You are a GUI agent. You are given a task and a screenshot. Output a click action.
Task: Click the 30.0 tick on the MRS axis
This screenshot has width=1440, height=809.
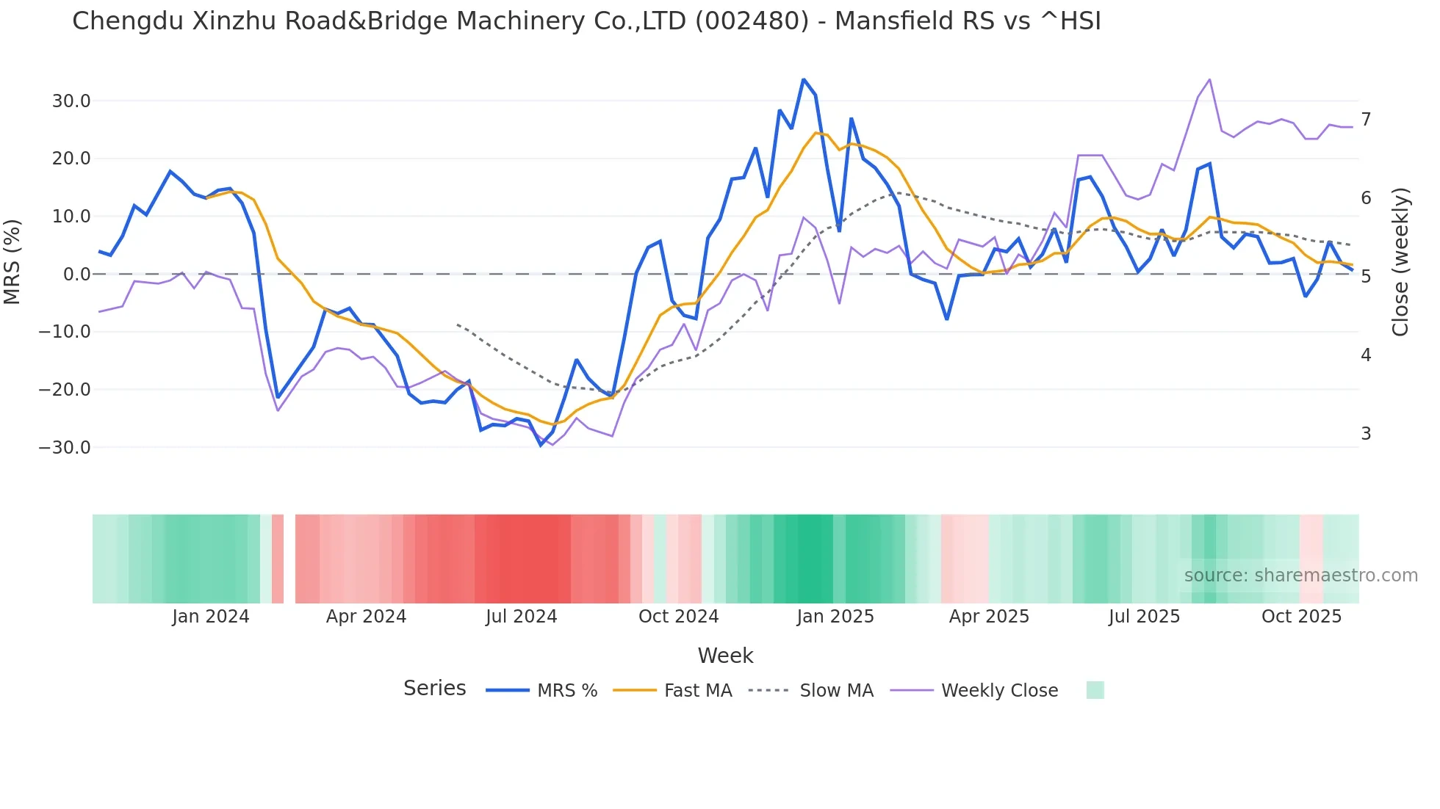71,101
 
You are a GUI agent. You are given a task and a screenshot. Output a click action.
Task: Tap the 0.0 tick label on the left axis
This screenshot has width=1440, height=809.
76,275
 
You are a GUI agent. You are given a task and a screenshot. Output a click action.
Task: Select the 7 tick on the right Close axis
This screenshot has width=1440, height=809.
1366,119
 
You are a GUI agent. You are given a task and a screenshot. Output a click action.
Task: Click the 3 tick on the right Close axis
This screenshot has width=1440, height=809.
1366,434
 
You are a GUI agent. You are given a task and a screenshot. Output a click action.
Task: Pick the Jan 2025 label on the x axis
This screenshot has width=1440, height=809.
835,617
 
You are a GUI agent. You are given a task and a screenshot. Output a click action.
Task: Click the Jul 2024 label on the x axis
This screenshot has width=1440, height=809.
522,617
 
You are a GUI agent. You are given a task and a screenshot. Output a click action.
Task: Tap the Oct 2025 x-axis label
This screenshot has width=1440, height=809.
1301,617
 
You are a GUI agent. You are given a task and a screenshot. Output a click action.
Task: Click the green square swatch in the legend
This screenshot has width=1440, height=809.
1095,690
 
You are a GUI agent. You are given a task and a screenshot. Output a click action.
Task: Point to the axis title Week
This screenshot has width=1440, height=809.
725,656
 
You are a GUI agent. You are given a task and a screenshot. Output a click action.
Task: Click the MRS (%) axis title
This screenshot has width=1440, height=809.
12,262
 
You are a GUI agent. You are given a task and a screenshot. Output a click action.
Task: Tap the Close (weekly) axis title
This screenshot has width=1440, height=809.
1400,262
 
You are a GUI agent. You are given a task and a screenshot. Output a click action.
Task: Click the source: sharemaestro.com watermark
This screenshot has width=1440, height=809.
1300,576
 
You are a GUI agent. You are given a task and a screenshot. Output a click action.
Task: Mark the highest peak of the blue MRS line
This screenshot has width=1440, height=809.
804,79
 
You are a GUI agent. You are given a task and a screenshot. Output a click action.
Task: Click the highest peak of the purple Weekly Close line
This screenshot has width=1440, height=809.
1209,79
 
